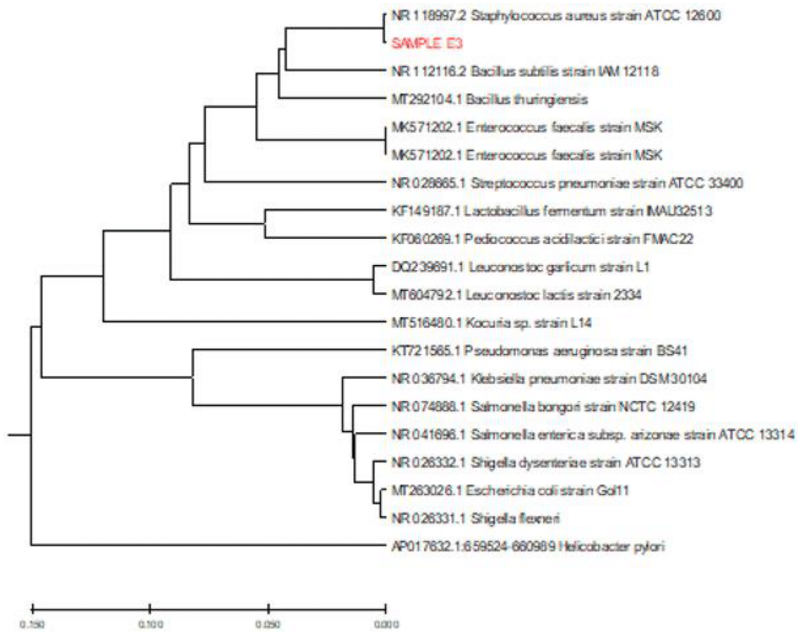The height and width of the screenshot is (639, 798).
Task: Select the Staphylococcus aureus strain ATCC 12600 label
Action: pyautogui.click(x=556, y=16)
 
